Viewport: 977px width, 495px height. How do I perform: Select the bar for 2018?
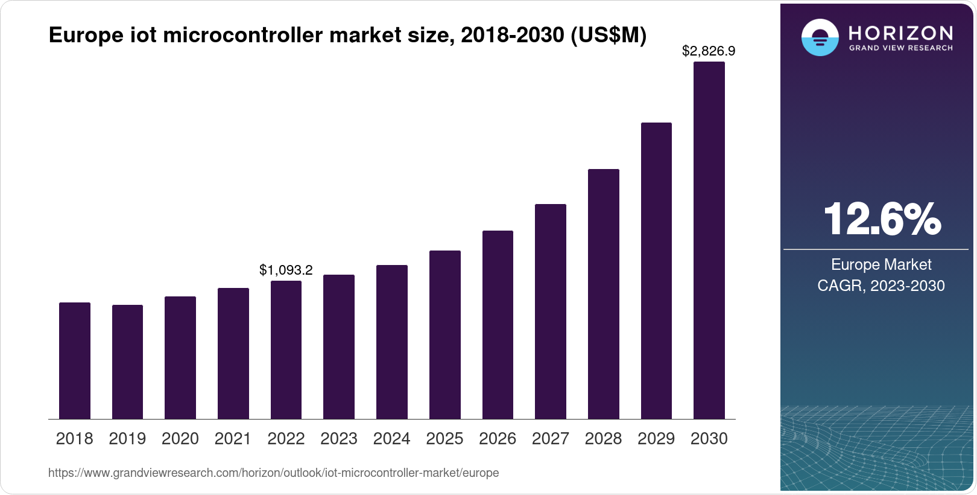point(75,360)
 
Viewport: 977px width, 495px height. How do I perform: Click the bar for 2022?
point(286,350)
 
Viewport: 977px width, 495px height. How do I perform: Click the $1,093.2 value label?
point(286,270)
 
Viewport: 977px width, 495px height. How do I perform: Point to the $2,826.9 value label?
point(709,51)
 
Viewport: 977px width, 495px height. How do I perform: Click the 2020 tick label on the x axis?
point(180,439)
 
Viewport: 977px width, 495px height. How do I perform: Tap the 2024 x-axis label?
point(391,439)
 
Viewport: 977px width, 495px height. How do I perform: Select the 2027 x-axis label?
point(550,439)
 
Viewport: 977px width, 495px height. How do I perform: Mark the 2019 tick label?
point(127,439)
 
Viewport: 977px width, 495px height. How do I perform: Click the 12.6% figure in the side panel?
point(881,219)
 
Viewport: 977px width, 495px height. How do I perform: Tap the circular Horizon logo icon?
point(820,37)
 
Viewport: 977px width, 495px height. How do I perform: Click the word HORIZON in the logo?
point(900,33)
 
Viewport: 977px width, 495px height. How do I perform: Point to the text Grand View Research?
point(900,48)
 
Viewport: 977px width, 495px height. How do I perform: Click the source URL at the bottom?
point(273,473)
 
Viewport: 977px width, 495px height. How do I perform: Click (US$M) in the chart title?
point(608,35)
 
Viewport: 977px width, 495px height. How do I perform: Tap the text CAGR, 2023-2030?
point(881,286)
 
